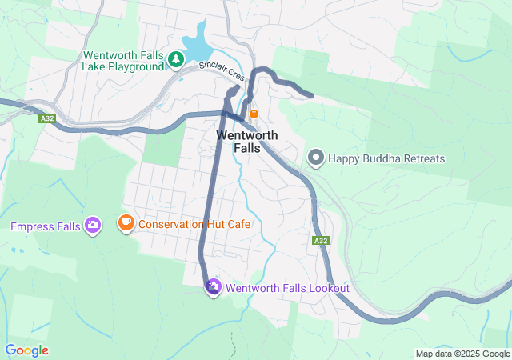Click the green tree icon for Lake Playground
[x=175, y=58]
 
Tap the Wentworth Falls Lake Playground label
[x=123, y=61]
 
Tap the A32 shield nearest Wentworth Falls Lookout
[x=321, y=240]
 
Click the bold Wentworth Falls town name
[x=247, y=142]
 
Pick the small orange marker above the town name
[x=254, y=114]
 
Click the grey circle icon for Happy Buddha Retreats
[x=316, y=158]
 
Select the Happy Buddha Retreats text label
[x=386, y=158]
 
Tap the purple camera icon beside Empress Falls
[x=93, y=226]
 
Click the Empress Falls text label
[x=45, y=226]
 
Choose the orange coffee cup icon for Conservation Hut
[x=126, y=223]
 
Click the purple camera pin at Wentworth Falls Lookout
[x=214, y=286]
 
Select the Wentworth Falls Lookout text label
[x=288, y=288]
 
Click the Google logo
[x=26, y=350]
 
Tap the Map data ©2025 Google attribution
[x=462, y=354]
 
